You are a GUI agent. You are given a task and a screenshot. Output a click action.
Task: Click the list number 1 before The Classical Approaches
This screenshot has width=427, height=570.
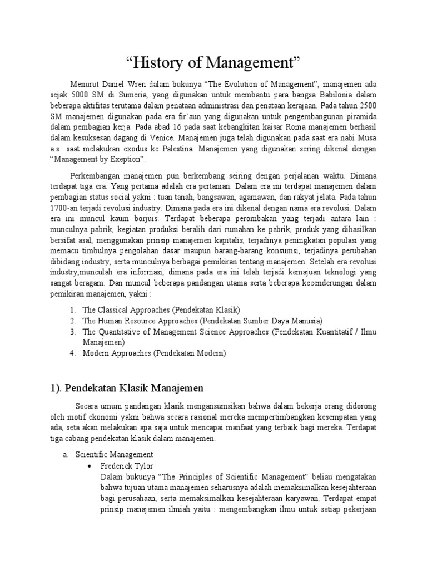(x=73, y=310)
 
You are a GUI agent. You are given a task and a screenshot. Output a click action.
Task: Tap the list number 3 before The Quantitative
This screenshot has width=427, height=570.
(x=73, y=332)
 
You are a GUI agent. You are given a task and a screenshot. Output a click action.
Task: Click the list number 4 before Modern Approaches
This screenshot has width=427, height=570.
(x=73, y=353)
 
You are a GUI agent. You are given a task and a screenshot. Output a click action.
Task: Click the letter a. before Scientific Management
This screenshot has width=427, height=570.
(x=66, y=455)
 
